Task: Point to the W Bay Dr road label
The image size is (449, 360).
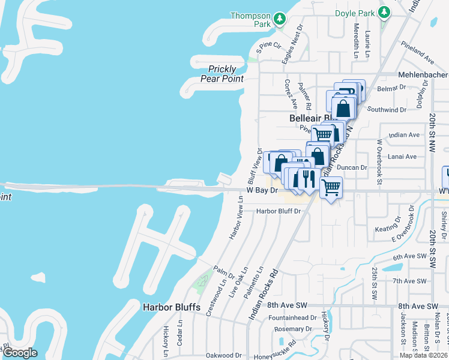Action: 263,190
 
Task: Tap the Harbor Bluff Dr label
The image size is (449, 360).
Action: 278,211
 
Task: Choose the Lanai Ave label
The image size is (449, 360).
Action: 402,157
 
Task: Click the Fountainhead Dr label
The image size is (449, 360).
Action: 292,317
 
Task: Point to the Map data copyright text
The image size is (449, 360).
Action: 423,355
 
